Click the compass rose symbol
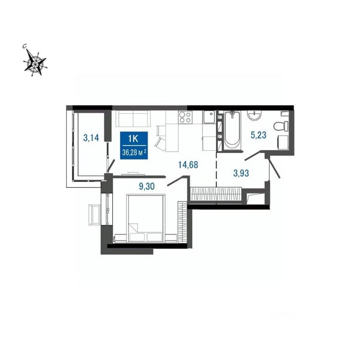35,62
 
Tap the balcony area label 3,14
91,138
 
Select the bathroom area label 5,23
259,135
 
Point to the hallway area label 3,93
241,173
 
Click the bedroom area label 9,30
147,186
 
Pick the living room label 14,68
188,165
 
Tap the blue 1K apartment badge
134,145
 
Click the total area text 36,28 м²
134,152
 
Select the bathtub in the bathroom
232,130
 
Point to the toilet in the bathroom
281,126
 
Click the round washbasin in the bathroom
254,116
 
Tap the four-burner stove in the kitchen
185,117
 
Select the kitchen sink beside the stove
209,117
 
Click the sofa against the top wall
133,119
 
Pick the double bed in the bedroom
146,218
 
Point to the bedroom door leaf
176,180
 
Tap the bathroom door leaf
253,155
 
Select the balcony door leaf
111,166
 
